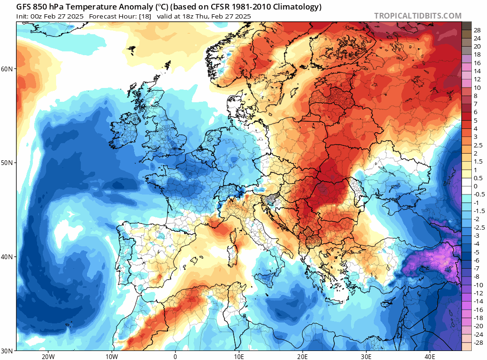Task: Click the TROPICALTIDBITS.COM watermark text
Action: [418, 16]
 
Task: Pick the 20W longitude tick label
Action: [48, 356]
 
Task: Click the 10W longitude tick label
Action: [111, 356]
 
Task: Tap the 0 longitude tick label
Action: [175, 356]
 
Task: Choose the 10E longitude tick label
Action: [239, 356]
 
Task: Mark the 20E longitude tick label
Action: [302, 356]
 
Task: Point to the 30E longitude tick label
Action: [366, 356]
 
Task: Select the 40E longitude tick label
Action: [430, 356]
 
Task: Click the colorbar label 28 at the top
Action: [477, 30]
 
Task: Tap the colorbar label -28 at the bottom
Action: [477, 343]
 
